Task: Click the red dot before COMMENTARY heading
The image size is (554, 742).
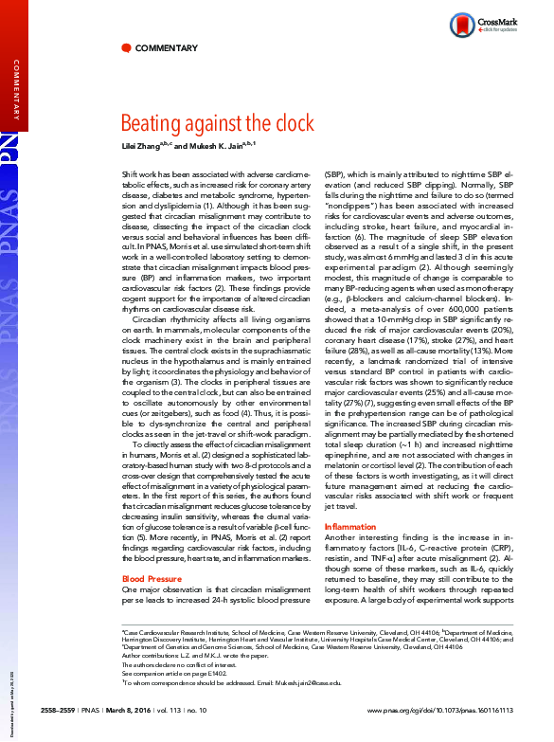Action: point(127,48)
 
